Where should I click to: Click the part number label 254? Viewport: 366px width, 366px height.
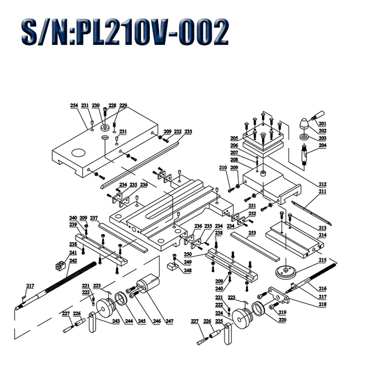(74, 106)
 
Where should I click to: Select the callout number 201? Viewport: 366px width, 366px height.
(322, 124)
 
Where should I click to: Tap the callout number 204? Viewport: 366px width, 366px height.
(322, 145)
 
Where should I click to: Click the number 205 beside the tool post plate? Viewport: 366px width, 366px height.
(234, 138)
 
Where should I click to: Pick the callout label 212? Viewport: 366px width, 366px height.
(322, 184)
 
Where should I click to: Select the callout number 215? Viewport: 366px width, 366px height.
(322, 260)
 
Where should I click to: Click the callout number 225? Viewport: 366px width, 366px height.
(219, 321)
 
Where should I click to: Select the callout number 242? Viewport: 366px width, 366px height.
(73, 261)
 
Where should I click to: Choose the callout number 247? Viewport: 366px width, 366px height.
(170, 321)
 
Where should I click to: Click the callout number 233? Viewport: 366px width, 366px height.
(188, 132)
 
